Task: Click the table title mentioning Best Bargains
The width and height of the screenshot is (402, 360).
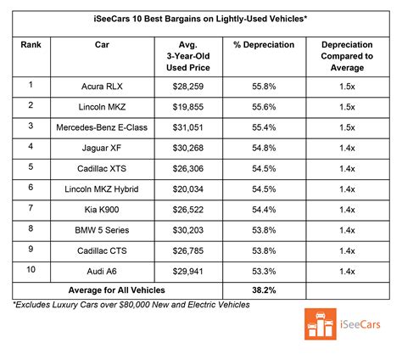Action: tap(200, 19)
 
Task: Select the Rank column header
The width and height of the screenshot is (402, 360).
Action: tap(31, 45)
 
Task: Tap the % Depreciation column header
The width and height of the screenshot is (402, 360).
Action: tap(264, 45)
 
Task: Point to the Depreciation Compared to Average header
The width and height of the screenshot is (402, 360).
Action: tap(347, 56)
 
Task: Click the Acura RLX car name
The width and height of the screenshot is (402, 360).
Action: tap(102, 87)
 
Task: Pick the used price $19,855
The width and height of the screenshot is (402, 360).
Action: tap(188, 107)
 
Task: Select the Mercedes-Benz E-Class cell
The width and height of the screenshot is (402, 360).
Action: tap(102, 127)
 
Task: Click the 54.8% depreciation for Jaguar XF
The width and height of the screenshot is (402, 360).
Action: tap(264, 148)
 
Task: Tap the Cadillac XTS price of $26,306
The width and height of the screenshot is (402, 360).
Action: tap(188, 169)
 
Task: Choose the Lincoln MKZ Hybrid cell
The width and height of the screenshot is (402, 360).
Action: tap(102, 189)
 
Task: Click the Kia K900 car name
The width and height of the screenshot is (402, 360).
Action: tap(102, 210)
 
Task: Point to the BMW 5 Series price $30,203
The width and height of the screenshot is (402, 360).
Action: tap(188, 230)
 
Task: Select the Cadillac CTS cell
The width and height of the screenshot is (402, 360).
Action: tap(102, 250)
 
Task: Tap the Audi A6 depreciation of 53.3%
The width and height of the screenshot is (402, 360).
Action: tap(264, 272)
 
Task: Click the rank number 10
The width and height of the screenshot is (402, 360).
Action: tap(31, 269)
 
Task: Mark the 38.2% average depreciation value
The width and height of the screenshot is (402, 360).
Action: tap(264, 290)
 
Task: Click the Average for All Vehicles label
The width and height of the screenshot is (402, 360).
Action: tap(116, 290)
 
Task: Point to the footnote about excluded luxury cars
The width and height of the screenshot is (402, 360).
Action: tap(131, 305)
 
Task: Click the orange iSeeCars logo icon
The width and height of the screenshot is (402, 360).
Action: tap(321, 324)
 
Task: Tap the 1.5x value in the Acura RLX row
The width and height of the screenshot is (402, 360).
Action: tap(347, 87)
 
